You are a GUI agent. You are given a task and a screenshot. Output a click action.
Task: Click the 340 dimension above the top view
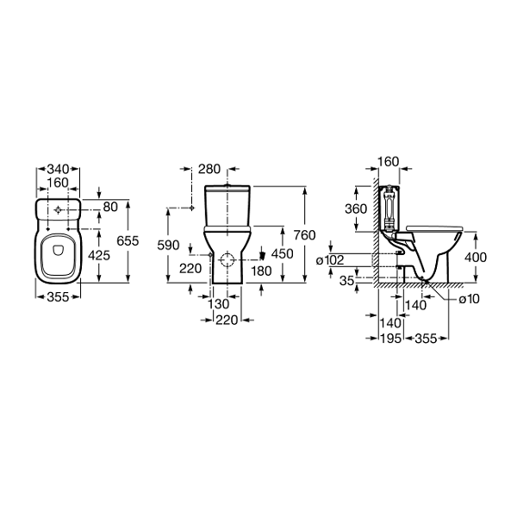click(58, 169)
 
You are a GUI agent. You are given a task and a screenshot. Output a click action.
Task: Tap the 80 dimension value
click(110, 207)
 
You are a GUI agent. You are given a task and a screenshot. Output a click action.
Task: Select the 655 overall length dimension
click(128, 241)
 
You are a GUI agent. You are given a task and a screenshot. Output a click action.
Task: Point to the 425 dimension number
click(99, 255)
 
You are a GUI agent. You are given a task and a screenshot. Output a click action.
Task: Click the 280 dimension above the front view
click(209, 169)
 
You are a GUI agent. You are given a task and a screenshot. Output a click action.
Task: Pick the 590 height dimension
click(169, 246)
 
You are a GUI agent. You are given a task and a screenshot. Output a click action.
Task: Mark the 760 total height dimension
click(305, 235)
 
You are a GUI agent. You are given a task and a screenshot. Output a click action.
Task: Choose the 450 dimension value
click(283, 254)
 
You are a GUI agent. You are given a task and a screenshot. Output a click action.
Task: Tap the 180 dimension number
click(261, 271)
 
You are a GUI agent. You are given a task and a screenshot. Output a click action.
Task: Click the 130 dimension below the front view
click(218, 304)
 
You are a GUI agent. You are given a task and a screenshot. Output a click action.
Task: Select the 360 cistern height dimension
click(356, 209)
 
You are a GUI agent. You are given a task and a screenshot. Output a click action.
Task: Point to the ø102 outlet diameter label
click(330, 260)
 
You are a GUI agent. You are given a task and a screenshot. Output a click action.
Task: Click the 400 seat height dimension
click(476, 257)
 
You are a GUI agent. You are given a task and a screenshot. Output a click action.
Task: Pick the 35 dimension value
click(347, 281)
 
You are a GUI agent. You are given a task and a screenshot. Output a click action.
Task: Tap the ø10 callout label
click(470, 299)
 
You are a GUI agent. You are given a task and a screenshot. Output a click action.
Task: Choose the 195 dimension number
click(390, 339)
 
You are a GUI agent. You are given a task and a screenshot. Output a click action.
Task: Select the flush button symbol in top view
click(58, 209)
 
